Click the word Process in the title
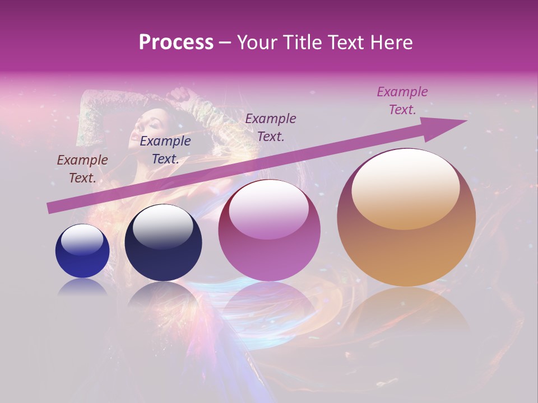click(176, 43)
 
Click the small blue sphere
click(82, 251)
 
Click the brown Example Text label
click(82, 168)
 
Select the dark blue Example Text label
click(165, 149)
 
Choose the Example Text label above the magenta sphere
click(271, 127)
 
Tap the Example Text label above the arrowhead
click(402, 100)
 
